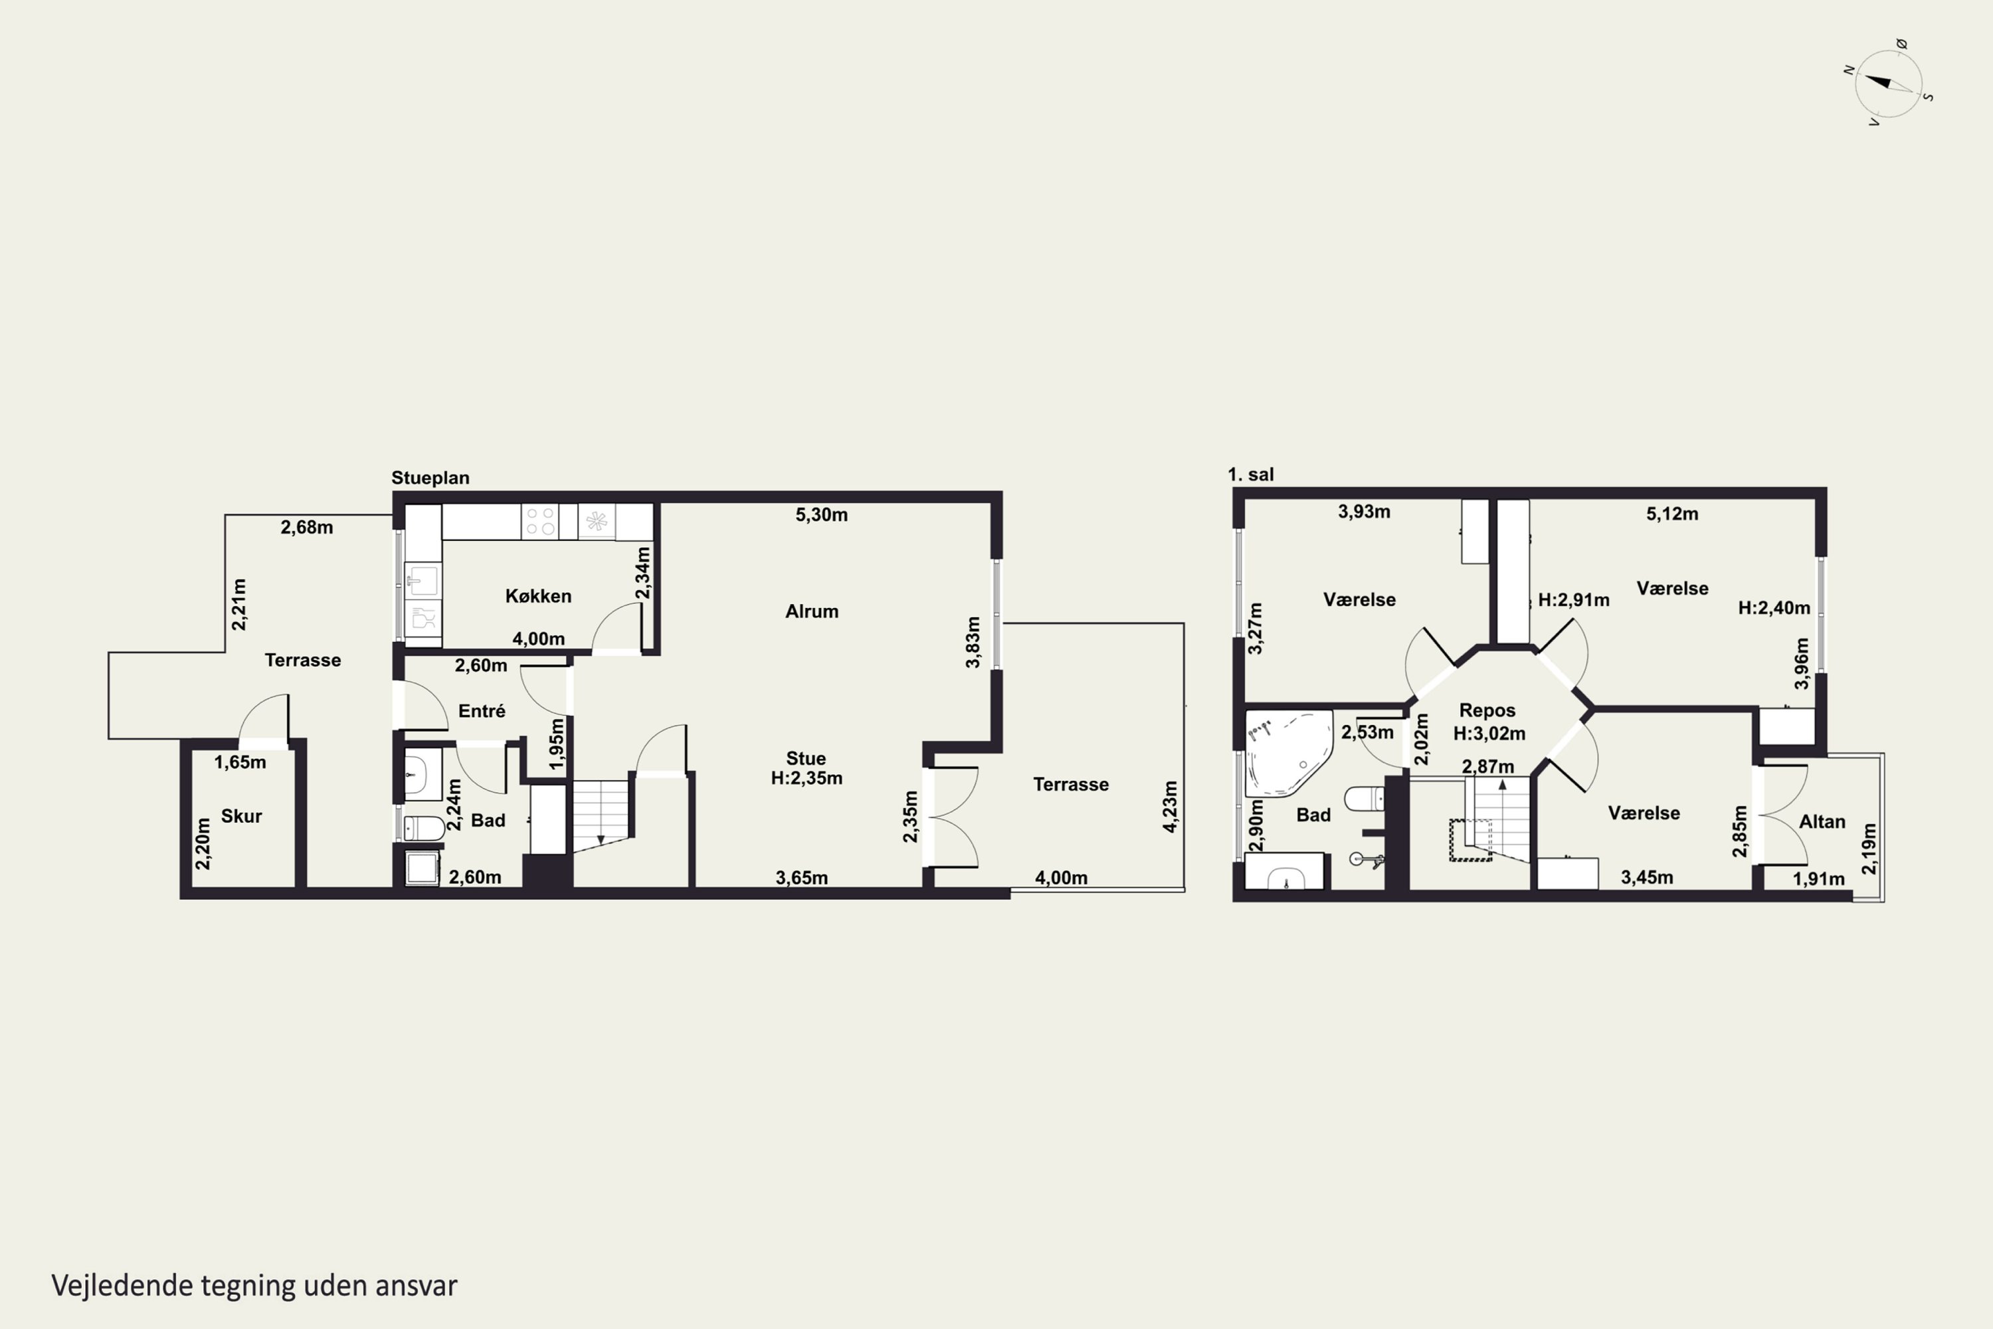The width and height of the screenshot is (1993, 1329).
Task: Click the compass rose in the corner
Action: coord(1889,83)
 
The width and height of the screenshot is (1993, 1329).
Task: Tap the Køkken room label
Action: coord(538,596)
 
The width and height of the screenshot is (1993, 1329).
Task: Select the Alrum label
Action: coord(812,611)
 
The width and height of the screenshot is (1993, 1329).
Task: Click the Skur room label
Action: coord(242,816)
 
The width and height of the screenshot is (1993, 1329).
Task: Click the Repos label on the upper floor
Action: coord(1487,711)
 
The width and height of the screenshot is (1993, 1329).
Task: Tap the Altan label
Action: coord(1822,821)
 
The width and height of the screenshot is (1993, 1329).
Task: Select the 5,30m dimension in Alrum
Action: coord(821,514)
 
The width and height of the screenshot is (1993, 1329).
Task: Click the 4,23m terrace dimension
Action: coord(1170,806)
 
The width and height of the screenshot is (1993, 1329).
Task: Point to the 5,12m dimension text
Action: coord(1672,514)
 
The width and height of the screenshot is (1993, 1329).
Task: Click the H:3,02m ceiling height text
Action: coord(1489,733)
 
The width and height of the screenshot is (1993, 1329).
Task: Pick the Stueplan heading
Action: coord(430,478)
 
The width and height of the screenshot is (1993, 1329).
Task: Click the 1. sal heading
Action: coord(1251,474)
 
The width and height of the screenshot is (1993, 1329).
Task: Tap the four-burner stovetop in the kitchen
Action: coord(539,521)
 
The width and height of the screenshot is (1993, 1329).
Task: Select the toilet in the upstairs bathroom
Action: coord(1365,799)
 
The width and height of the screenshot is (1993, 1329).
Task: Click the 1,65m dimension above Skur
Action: coord(240,762)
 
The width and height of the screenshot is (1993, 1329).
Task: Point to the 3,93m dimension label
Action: coord(1365,511)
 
